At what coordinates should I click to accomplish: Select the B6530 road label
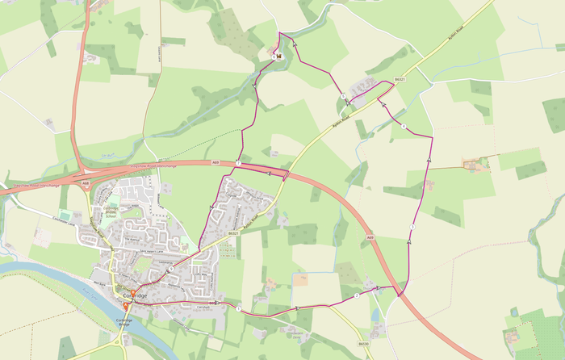coord(363,343)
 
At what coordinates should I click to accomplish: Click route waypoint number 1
coord(239,308)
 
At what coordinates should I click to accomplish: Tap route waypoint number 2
coord(356,296)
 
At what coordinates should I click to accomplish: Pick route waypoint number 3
coord(412,228)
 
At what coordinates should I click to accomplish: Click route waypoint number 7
coord(238,163)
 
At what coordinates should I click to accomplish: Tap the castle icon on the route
coord(278,57)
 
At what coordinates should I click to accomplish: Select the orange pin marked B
coord(125,304)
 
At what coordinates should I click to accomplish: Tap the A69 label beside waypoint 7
coord(216,162)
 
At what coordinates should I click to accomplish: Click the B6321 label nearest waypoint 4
coord(399,79)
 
